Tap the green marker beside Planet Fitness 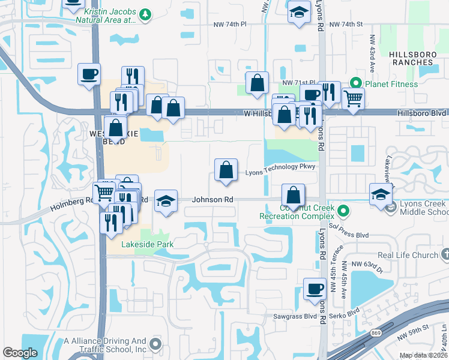pyautogui.click(x=355, y=84)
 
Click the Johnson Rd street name pyautogui.click(x=212, y=200)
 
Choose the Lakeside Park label pyautogui.click(x=147, y=244)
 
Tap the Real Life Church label pyautogui.click(x=408, y=255)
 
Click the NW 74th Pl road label pyautogui.click(x=230, y=24)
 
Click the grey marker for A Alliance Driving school pyautogui.click(x=156, y=344)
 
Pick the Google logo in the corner pyautogui.click(x=20, y=353)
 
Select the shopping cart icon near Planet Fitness pyautogui.click(x=353, y=98)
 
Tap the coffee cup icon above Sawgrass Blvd pyautogui.click(x=314, y=289)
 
